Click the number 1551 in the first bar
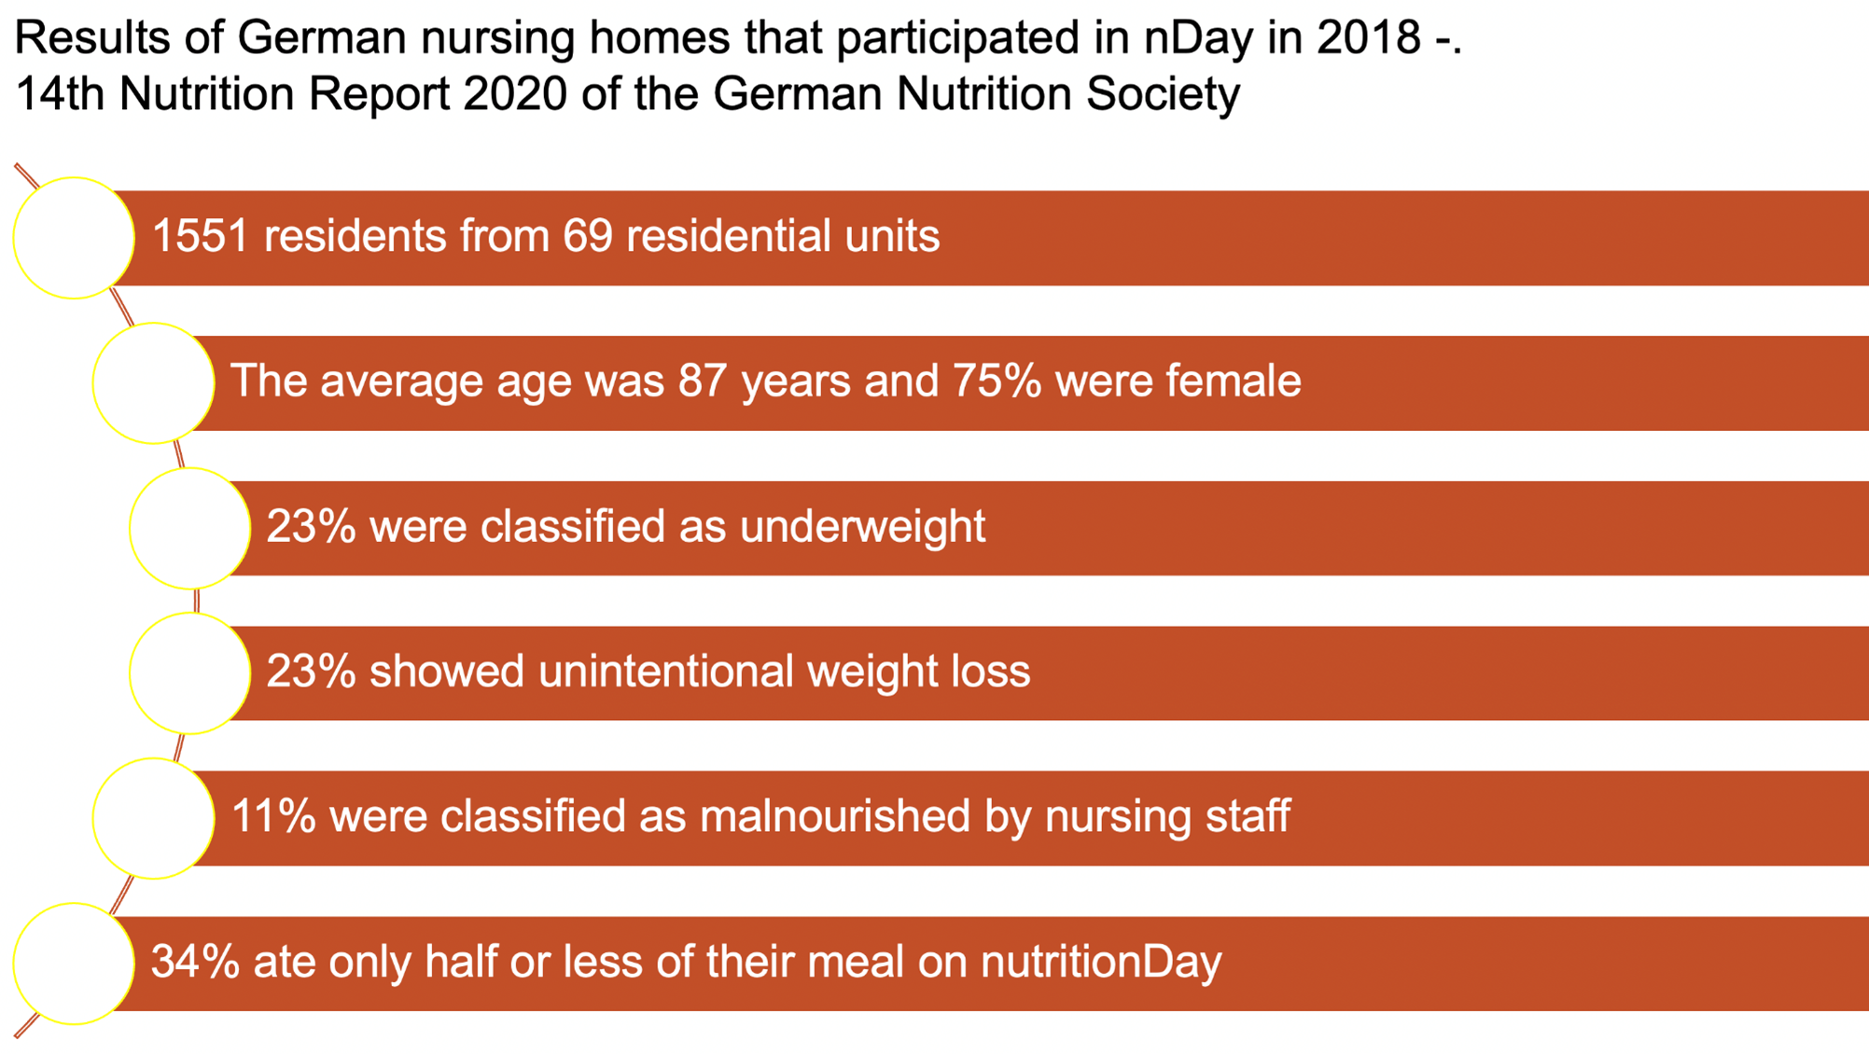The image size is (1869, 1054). (200, 235)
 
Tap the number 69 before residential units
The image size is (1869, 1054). (588, 235)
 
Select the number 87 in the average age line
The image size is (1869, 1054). (703, 381)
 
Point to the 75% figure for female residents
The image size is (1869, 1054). (997, 381)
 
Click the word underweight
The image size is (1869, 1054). (863, 526)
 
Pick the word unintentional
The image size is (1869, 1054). (665, 671)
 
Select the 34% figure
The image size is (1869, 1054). (195, 962)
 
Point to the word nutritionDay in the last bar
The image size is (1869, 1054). (1101, 962)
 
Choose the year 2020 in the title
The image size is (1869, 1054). (514, 94)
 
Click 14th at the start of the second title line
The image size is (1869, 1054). (61, 94)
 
